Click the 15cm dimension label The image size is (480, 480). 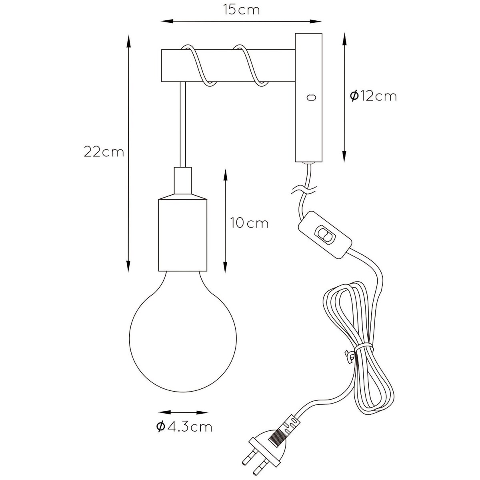coord(241,10)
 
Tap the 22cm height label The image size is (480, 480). coord(104,152)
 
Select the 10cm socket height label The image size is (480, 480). coord(249,223)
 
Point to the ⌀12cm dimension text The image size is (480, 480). coord(373,96)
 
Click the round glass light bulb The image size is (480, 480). coord(183,333)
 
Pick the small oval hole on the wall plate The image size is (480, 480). coord(311,97)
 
